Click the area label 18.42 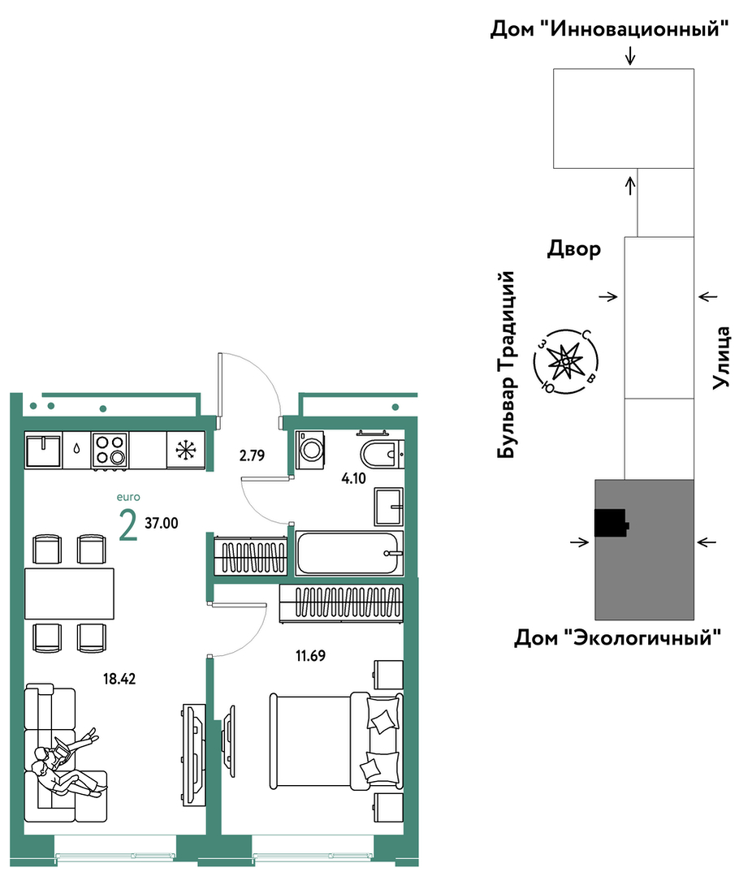tap(119, 679)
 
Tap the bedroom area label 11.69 tap(311, 655)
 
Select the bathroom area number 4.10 tap(353, 478)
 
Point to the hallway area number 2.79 tap(252, 455)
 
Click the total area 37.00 tap(162, 523)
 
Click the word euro tap(128, 497)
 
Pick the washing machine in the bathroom tap(309, 449)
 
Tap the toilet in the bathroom tap(382, 453)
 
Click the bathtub tap(349, 553)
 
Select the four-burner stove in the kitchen tap(110, 450)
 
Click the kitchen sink tap(43, 450)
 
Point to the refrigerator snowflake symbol tap(185, 450)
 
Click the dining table tap(69, 593)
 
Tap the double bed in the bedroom tap(336, 741)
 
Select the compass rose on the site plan tap(566, 362)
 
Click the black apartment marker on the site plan tap(612, 523)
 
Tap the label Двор tap(574, 248)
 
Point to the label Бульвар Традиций tap(506, 365)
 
